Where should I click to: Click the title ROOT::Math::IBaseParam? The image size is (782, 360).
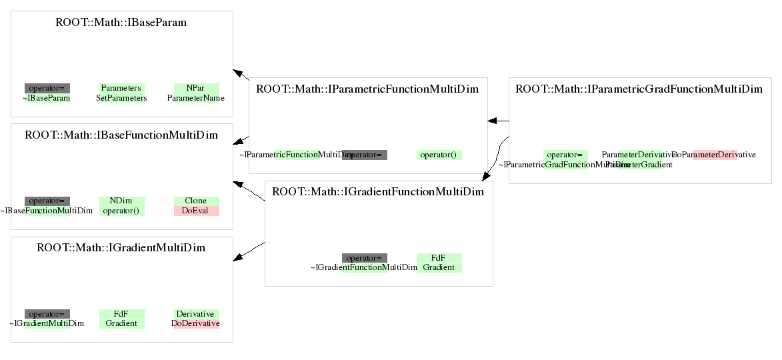pos(121,23)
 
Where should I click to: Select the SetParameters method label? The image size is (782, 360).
pos(121,98)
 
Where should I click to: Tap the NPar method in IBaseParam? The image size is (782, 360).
pos(196,88)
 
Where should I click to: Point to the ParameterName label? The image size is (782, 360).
pos(196,98)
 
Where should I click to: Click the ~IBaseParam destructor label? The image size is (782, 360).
pos(47,98)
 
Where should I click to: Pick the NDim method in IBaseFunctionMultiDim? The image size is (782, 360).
pos(121,201)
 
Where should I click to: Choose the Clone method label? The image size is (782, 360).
pos(196,201)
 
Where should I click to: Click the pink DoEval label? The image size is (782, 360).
pos(196,211)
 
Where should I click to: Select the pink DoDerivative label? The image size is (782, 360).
pos(196,323)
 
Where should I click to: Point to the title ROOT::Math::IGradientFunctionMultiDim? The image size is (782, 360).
pos(378,192)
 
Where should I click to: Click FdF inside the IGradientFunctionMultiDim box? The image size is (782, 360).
pos(439,257)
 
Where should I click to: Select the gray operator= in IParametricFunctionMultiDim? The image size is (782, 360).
pos(365,155)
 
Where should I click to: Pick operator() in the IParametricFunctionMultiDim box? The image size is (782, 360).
pos(439,155)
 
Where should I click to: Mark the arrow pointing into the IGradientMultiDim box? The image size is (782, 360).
pos(248,251)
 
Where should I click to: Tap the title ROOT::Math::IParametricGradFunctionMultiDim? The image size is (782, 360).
pos(639,89)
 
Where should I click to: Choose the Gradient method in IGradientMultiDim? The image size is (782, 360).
pos(121,323)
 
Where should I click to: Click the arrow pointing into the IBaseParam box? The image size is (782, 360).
pos(241,75)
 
